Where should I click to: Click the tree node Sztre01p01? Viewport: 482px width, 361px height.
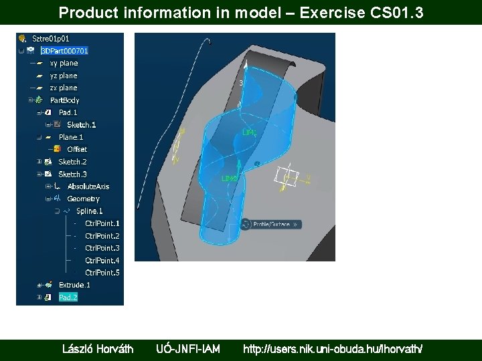point(50,39)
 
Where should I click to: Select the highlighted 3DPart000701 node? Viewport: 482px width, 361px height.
point(64,51)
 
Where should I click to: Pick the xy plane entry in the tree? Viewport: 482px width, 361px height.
point(64,64)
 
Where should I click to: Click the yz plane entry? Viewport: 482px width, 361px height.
point(64,76)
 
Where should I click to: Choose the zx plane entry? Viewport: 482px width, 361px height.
point(64,88)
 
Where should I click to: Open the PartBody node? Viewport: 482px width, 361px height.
point(64,100)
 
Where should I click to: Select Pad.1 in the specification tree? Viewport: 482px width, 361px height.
point(68,112)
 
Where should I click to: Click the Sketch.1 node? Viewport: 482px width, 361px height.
point(81,124)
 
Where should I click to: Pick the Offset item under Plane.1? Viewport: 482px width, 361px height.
point(77,149)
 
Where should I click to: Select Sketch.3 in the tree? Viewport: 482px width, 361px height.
point(72,174)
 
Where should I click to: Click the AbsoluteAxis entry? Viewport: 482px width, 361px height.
point(88,187)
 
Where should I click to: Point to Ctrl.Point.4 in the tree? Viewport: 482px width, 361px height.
point(102,261)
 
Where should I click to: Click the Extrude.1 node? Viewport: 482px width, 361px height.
point(74,285)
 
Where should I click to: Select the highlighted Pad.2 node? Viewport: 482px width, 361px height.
point(68,297)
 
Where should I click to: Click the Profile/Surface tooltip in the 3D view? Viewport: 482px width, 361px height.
point(274,225)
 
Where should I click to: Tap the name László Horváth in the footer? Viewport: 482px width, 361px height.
point(98,349)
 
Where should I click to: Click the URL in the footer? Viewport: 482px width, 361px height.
point(332,349)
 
